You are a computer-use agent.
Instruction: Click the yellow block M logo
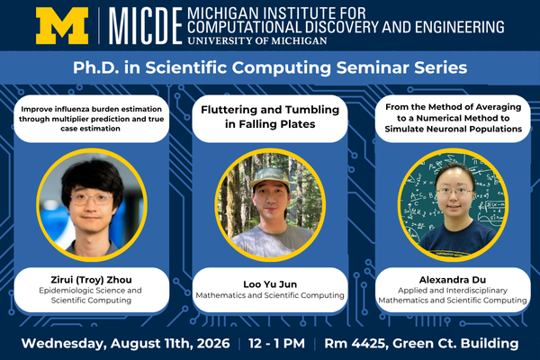[x=62, y=26]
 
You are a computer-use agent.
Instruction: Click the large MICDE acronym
[x=145, y=26]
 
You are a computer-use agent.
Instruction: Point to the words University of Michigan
[x=257, y=40]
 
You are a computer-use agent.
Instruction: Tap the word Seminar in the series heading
[x=373, y=67]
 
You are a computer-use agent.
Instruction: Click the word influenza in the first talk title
[x=71, y=109]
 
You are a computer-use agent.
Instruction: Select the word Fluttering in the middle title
[x=229, y=110]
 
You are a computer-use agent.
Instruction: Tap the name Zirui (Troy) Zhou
[x=91, y=280]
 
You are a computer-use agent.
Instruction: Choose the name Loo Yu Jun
[x=270, y=284]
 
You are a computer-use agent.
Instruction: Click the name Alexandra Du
[x=453, y=280]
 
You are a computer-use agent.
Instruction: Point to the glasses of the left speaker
[x=92, y=199]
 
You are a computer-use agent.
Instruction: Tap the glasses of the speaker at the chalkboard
[x=454, y=192]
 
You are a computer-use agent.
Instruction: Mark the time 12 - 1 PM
[x=276, y=344]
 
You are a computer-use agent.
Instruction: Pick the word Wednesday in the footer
[x=64, y=344]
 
